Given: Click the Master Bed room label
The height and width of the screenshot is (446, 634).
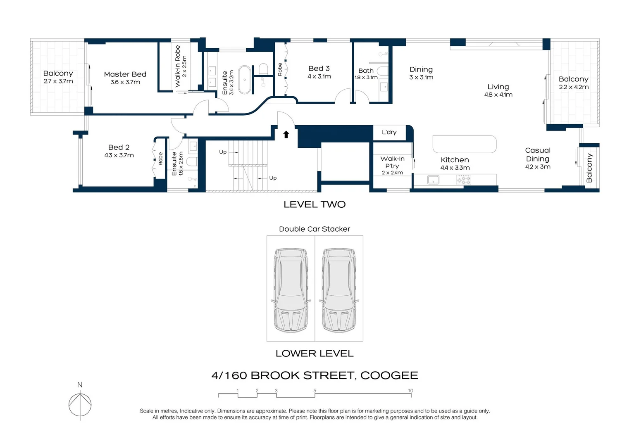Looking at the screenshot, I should pyautogui.click(x=125, y=74).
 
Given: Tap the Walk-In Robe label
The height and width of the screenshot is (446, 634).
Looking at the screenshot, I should pyautogui.click(x=178, y=66).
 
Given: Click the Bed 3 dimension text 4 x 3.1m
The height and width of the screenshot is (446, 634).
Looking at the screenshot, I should pyautogui.click(x=319, y=77).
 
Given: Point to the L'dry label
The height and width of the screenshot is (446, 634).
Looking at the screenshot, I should pyautogui.click(x=389, y=132).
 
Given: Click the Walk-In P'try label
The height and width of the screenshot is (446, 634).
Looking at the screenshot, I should pyautogui.click(x=392, y=162).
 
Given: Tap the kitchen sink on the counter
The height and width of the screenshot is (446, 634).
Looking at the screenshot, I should pyautogui.click(x=433, y=180).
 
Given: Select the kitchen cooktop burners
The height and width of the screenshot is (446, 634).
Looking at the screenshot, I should pyautogui.click(x=463, y=180).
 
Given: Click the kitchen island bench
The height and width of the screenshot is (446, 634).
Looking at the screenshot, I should pyautogui.click(x=464, y=144).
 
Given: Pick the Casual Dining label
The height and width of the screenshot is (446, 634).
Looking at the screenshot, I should pyautogui.click(x=537, y=154).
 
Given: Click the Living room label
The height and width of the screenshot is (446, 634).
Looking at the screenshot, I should pyautogui.click(x=498, y=87).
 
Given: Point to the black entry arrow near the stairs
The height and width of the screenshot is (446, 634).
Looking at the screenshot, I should pyautogui.click(x=286, y=134).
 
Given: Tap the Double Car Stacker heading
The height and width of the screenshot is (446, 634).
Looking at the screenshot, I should pyautogui.click(x=314, y=229).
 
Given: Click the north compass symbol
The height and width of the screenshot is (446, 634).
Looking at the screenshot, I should pyautogui.click(x=80, y=403).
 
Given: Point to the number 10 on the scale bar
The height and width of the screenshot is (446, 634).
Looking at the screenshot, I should pyautogui.click(x=410, y=391).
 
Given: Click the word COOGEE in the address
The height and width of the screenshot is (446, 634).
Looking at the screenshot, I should pyautogui.click(x=389, y=375).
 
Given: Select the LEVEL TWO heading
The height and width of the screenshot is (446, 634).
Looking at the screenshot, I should pyautogui.click(x=314, y=204).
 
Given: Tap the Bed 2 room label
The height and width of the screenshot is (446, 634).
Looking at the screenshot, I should pyautogui.click(x=119, y=147).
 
